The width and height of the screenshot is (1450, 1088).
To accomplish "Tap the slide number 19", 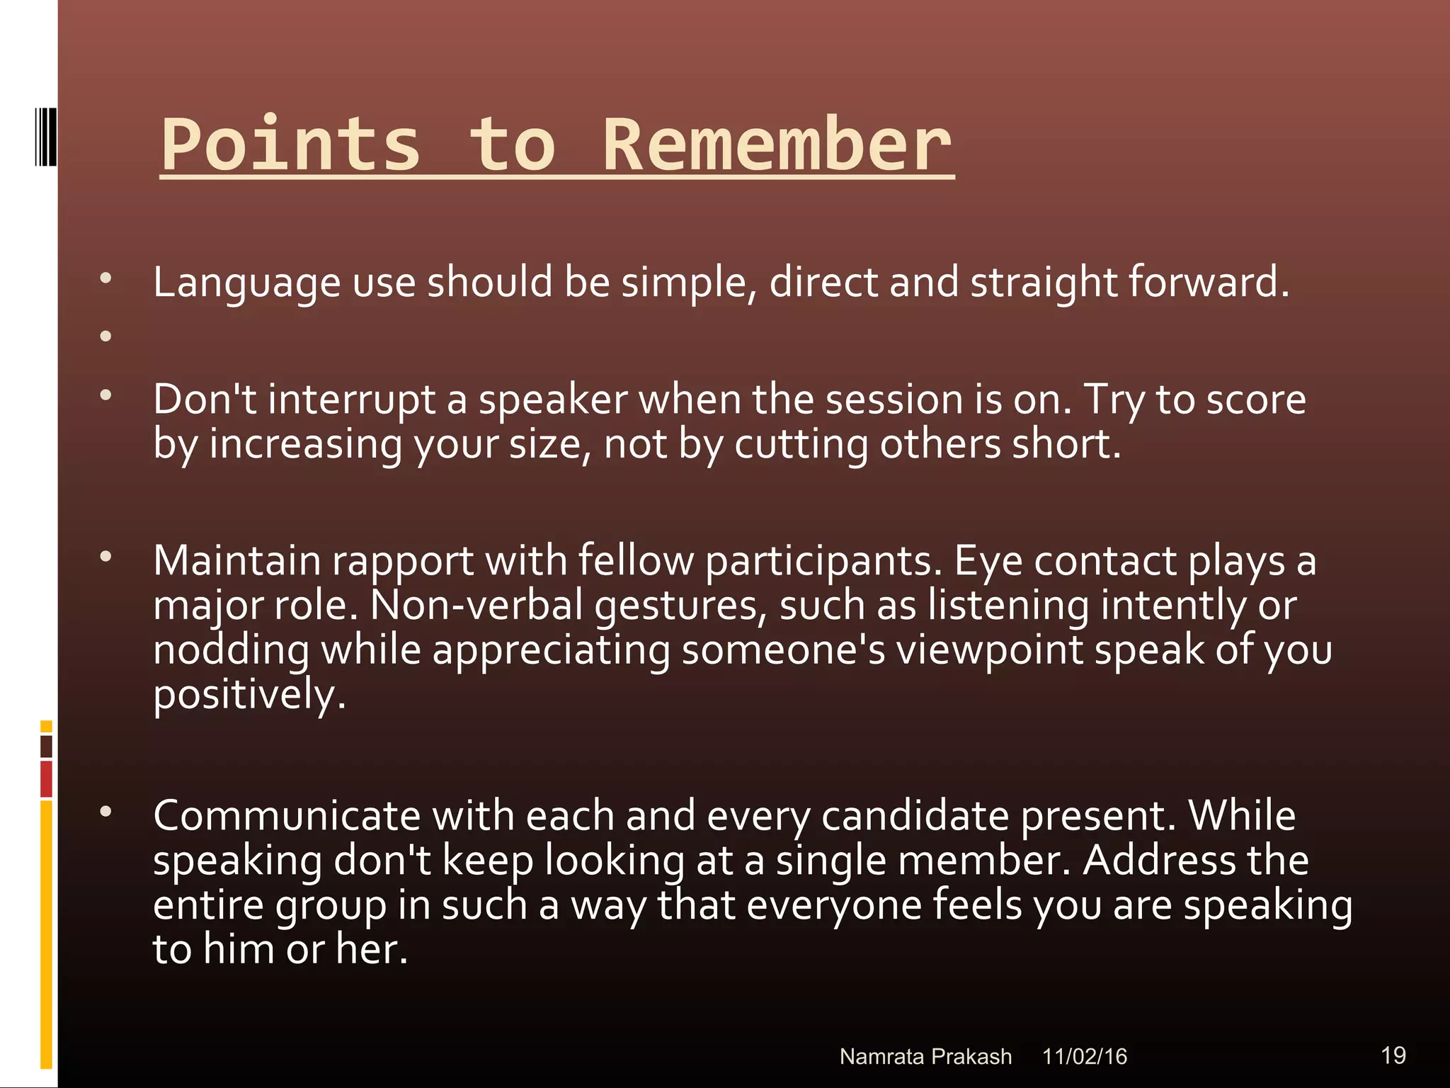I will coord(1393,1055).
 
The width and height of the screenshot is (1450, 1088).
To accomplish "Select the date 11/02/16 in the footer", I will coord(1084,1057).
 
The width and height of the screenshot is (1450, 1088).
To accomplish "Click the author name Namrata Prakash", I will coord(925,1057).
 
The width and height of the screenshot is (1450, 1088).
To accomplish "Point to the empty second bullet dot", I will coord(106,336).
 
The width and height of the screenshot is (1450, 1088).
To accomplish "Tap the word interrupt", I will coord(351,399).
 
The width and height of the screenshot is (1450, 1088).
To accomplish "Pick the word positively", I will coord(249,695).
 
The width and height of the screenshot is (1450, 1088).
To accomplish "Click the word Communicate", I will coord(286,816).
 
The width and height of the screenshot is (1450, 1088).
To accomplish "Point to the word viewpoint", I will coord(989,650).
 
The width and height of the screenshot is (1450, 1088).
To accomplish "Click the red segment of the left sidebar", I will coord(46,778).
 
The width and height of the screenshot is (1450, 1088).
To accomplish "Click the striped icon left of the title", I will coord(45,137).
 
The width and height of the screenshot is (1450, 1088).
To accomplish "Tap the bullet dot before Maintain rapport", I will coord(106,557).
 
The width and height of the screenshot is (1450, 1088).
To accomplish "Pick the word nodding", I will coord(231,650).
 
